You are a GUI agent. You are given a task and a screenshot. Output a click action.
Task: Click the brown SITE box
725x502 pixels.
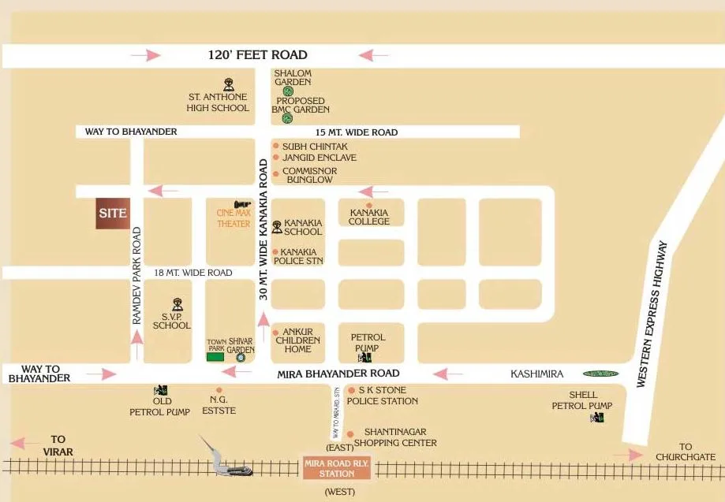pos(113,213)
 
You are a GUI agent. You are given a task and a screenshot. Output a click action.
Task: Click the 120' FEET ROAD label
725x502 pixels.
pos(257,55)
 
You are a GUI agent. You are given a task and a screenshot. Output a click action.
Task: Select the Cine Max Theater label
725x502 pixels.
pos(234,218)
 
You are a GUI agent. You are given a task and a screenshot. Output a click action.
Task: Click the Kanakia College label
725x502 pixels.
pos(369,217)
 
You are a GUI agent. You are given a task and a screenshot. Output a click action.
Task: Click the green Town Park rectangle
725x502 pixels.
pos(215,357)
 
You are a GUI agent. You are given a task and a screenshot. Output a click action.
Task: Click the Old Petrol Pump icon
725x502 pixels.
pos(161,389)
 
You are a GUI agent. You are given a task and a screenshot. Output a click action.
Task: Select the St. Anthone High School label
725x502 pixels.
pos(218,102)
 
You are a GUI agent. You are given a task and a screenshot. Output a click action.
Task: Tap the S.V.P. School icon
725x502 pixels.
pos(178,303)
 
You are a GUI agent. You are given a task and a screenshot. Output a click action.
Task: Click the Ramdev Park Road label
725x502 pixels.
pos(136,276)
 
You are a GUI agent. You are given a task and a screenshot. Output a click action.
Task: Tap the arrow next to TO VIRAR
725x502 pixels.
pos(28,443)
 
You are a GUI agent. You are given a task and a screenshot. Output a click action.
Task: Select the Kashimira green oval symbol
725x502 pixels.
pos(601,374)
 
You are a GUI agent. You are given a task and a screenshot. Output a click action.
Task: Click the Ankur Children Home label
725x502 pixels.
pos(298,340)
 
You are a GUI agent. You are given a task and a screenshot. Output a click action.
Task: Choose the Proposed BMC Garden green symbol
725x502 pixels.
pos(287,118)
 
